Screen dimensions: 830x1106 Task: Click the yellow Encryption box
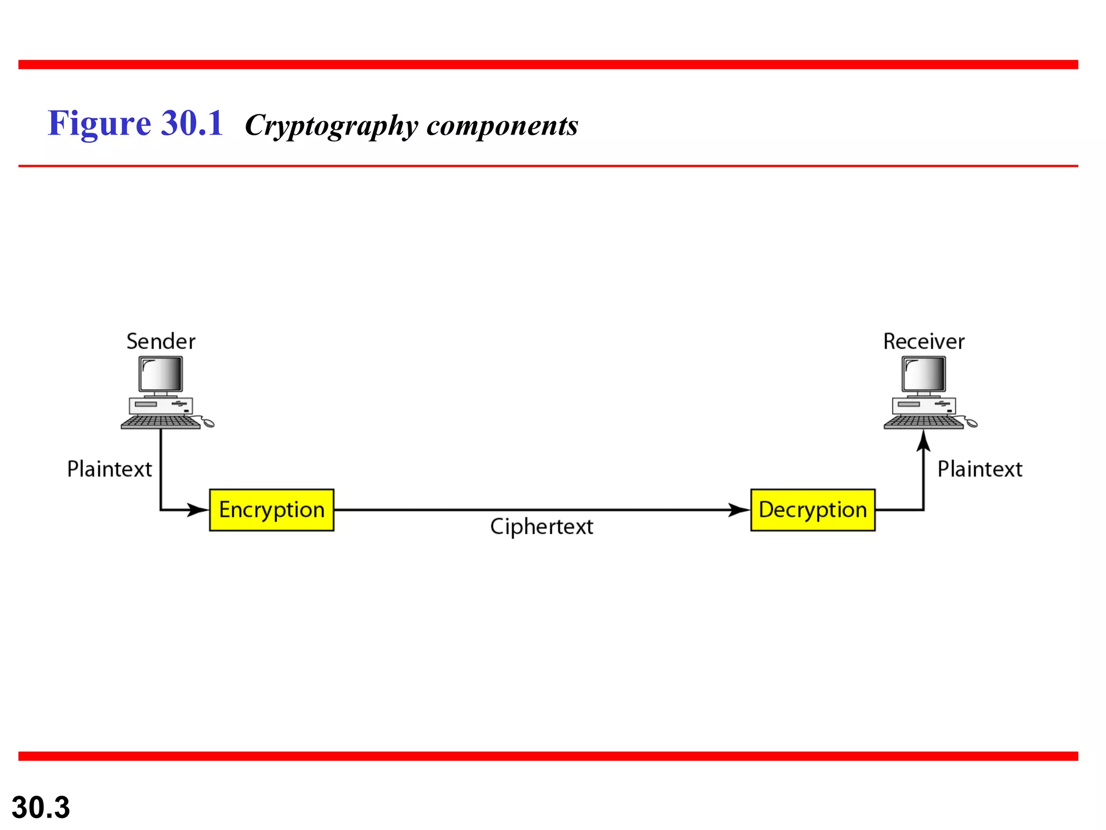pyautogui.click(x=272, y=510)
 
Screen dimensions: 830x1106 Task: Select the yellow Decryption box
pyautogui.click(x=813, y=510)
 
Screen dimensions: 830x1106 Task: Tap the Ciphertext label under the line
pyautogui.click(x=541, y=527)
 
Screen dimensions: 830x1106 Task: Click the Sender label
pyautogui.click(x=161, y=342)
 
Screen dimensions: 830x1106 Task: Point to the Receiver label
pyautogui.click(x=923, y=342)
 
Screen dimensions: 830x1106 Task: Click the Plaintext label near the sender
pyautogui.click(x=110, y=469)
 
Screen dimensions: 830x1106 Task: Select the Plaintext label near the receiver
pyautogui.click(x=980, y=469)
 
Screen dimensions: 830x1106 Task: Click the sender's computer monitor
pyautogui.click(x=161, y=374)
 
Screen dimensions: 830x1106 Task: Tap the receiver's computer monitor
pyautogui.click(x=923, y=374)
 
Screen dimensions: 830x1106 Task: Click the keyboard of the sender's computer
pyautogui.click(x=160, y=422)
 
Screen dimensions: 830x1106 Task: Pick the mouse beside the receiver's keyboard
pyautogui.click(x=971, y=423)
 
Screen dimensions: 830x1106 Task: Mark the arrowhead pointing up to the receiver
pyautogui.click(x=923, y=440)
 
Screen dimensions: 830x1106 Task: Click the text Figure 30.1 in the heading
pyautogui.click(x=135, y=123)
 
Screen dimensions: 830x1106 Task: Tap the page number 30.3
pyautogui.click(x=41, y=807)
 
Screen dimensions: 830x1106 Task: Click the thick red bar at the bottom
pyautogui.click(x=548, y=756)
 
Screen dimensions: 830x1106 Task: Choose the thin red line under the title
pyautogui.click(x=548, y=166)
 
